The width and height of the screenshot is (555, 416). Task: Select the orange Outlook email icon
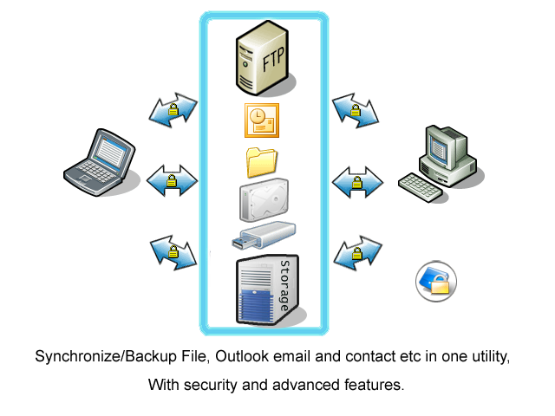(262, 120)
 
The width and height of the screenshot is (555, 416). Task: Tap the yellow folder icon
(262, 162)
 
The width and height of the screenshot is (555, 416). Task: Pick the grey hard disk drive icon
(264, 200)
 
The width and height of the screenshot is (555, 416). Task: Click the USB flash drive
(264, 235)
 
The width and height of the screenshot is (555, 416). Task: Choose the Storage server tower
(268, 289)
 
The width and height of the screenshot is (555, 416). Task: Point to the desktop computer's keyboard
(420, 187)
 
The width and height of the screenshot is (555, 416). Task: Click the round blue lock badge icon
(436, 282)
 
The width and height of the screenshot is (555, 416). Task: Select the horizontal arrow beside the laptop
(172, 180)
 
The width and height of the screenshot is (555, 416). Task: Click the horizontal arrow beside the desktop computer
(357, 182)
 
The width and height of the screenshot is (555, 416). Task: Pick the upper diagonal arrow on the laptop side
(173, 110)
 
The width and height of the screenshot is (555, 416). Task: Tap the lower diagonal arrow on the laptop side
(173, 252)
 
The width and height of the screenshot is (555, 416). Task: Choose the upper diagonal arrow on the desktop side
(356, 110)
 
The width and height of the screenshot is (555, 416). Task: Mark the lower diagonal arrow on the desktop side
(358, 253)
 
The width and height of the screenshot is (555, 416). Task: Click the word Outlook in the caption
(242, 356)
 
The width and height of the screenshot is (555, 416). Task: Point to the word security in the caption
(210, 385)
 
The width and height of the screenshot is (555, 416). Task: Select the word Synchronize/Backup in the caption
(106, 356)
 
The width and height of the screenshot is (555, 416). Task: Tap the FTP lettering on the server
(273, 59)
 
